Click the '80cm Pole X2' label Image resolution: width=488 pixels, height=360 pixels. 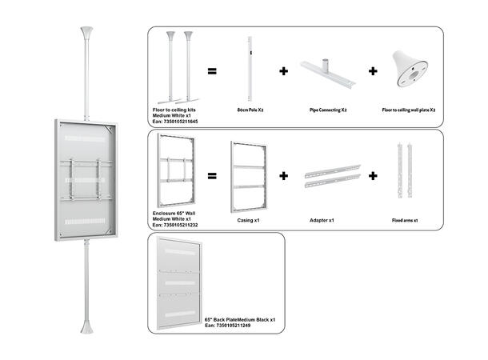(x=250, y=110)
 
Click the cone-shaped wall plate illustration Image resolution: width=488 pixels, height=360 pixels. (x=414, y=72)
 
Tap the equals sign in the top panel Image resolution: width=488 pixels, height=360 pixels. (x=212, y=71)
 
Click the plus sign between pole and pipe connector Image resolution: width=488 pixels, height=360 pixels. (x=283, y=71)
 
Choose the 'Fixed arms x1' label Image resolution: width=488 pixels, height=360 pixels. (x=406, y=218)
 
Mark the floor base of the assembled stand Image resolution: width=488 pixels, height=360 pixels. (x=86, y=330)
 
